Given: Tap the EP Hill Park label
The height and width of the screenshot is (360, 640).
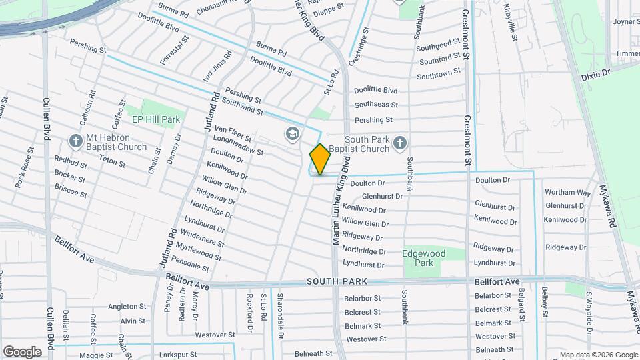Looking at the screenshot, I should click(x=155, y=119).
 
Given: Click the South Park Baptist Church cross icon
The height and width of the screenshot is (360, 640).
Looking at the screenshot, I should click(x=399, y=141).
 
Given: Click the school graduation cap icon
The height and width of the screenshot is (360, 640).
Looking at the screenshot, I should click(x=291, y=133).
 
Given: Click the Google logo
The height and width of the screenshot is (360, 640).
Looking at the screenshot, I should click(x=22, y=351).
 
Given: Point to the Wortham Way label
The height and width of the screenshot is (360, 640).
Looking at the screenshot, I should click(x=567, y=193).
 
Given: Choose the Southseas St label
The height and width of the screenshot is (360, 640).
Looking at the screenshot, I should click(x=376, y=105).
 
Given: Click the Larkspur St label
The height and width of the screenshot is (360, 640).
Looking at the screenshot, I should click(x=175, y=355).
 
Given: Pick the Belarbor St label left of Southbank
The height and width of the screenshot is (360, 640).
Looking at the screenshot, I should click(x=362, y=299).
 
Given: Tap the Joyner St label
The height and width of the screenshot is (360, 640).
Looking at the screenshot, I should click(x=626, y=21).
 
